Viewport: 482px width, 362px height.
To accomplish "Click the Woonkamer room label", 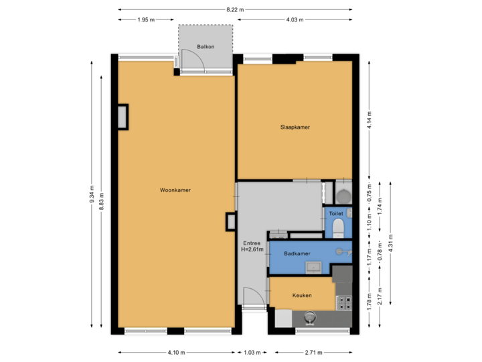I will tap(175, 190).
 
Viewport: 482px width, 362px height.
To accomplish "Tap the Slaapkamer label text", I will tap(295, 127).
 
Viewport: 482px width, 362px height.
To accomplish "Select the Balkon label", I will tap(205, 46).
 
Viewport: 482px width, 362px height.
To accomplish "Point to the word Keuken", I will tap(302, 295).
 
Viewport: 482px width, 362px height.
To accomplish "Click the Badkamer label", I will tap(296, 254).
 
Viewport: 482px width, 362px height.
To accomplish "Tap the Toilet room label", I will tap(336, 214).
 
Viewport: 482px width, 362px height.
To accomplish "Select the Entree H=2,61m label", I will tap(252, 247).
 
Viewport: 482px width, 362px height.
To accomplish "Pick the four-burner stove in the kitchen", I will tap(344, 302).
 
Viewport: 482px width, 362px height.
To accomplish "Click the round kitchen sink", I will tap(310, 317).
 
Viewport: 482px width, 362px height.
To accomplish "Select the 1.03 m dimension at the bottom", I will tap(252, 352).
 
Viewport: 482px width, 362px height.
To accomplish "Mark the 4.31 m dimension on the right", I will tap(392, 245).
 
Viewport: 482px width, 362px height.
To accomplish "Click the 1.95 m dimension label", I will tap(145, 19).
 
